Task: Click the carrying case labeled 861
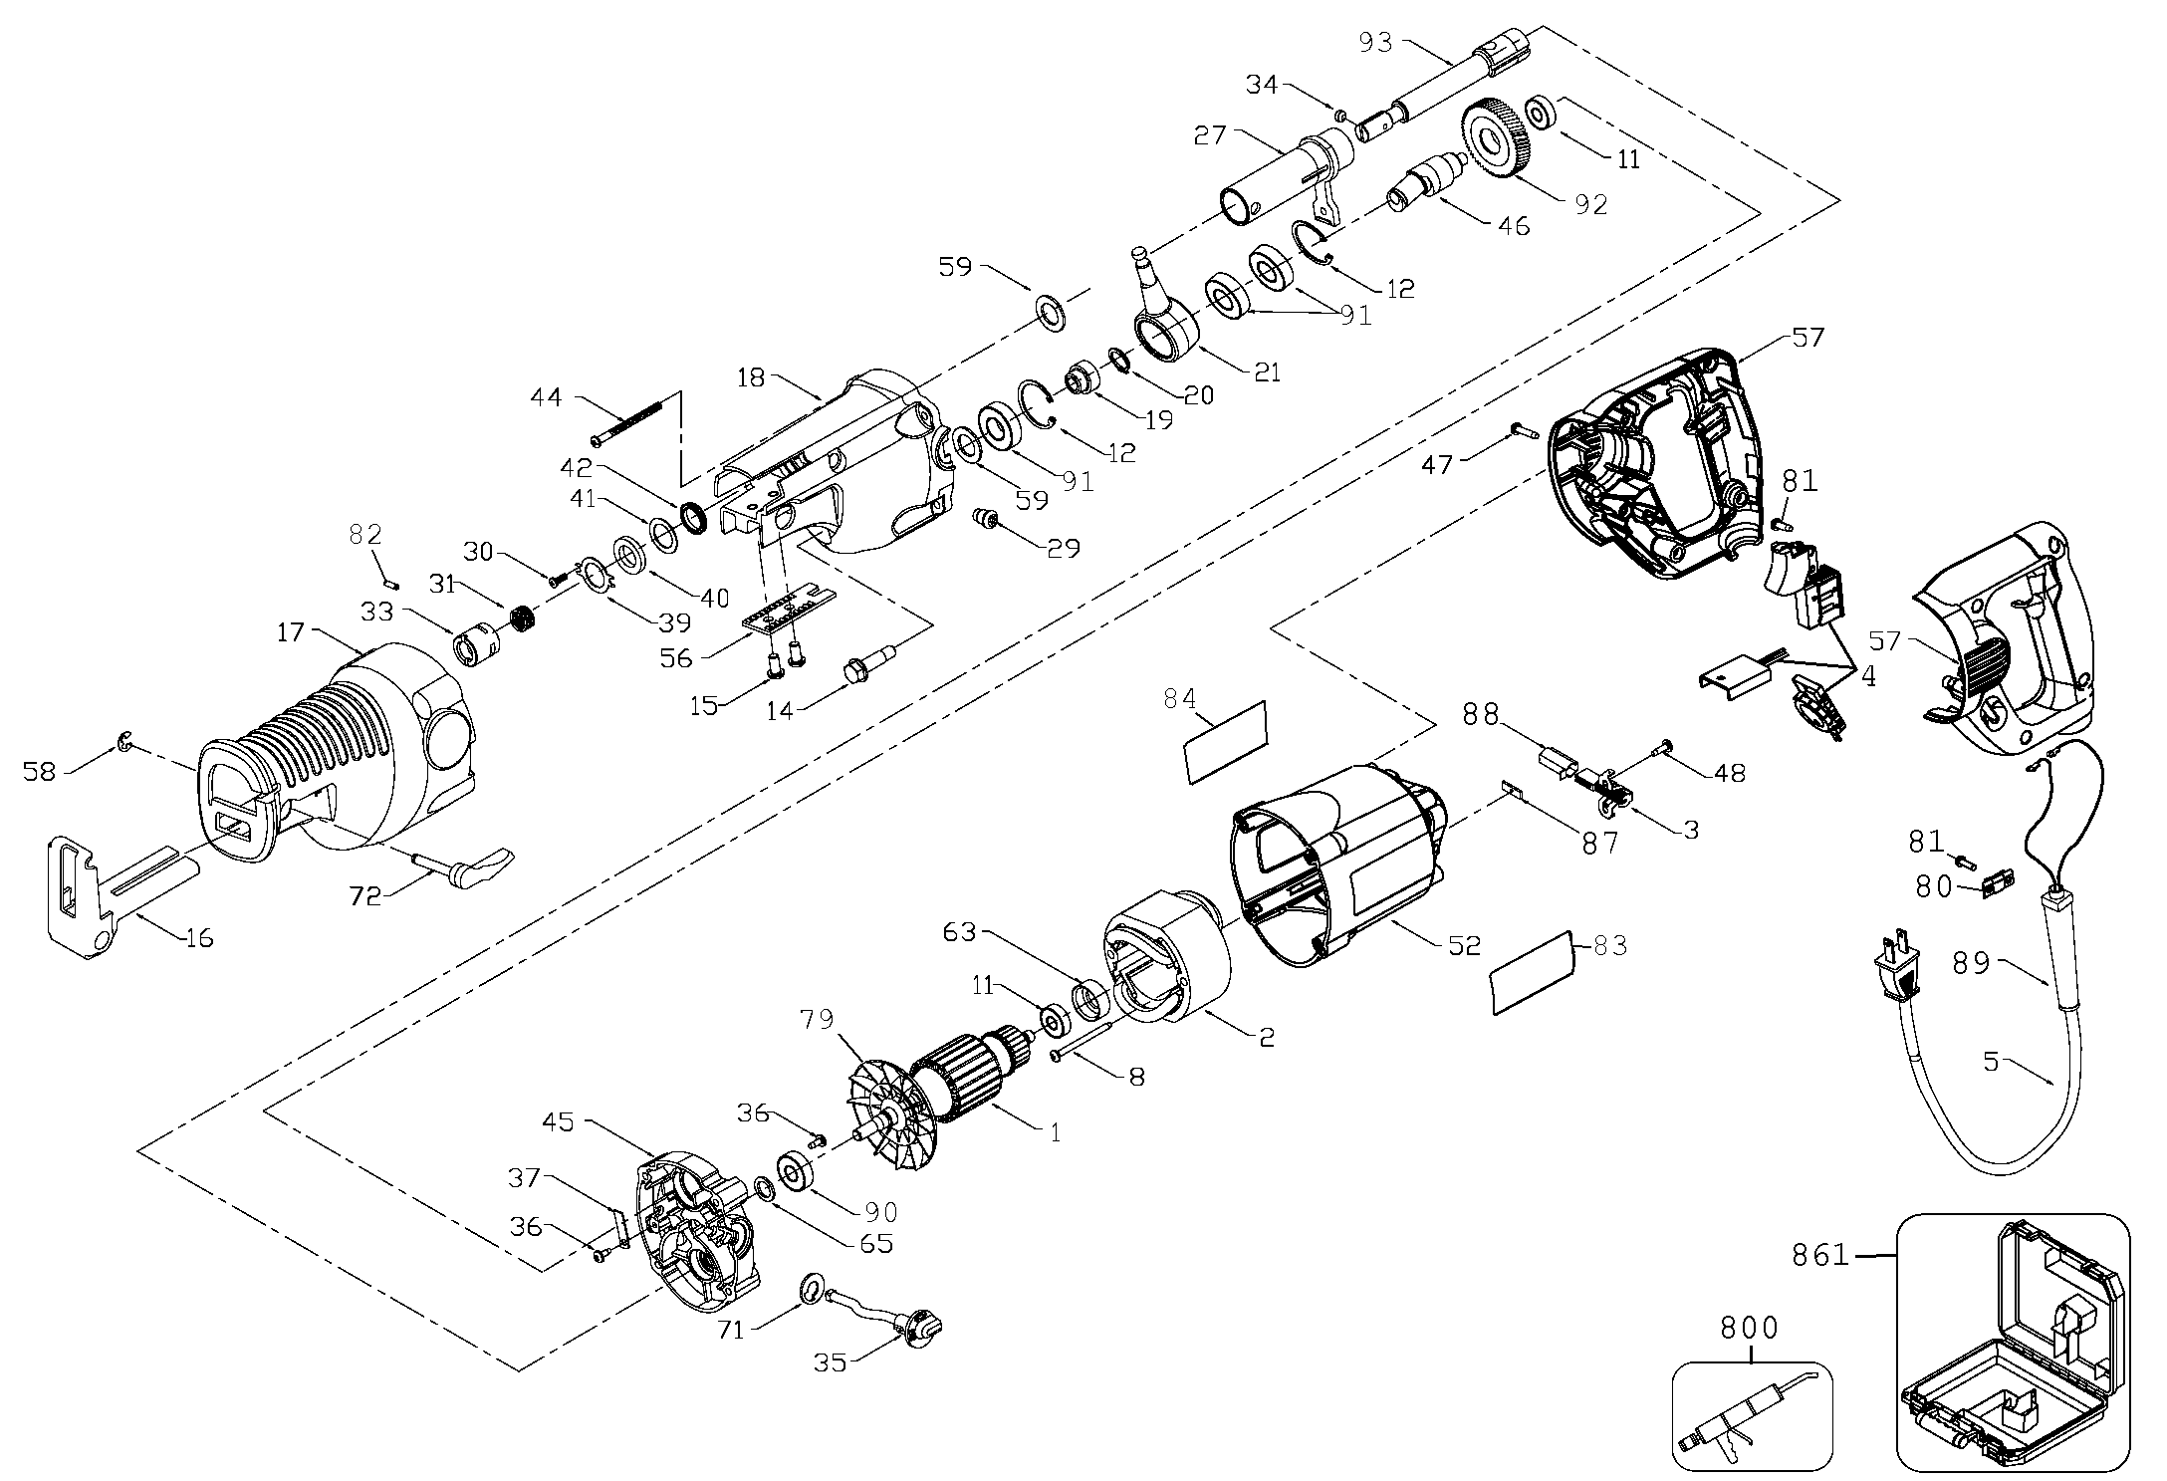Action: coord(2011,1359)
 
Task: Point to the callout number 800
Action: coord(1749,1328)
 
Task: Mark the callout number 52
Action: coord(1465,944)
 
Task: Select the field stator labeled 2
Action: coord(1165,956)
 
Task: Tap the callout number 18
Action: coord(753,378)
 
